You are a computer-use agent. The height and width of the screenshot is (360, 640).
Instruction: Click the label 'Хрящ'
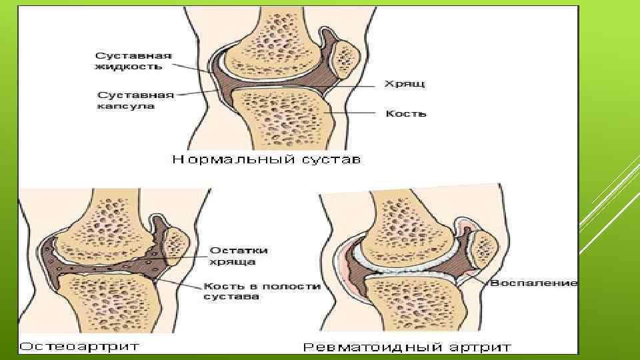405,84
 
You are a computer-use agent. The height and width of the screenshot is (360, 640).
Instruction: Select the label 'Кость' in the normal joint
405,113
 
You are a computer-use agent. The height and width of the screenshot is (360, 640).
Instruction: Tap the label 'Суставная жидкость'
133,61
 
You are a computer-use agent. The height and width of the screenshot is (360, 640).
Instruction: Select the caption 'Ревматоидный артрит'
407,347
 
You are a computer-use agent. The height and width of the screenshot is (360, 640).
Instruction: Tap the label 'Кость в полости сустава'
261,291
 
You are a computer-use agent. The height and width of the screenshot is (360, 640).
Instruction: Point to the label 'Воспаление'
533,283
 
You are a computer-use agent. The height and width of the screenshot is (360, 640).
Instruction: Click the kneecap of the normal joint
345,57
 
